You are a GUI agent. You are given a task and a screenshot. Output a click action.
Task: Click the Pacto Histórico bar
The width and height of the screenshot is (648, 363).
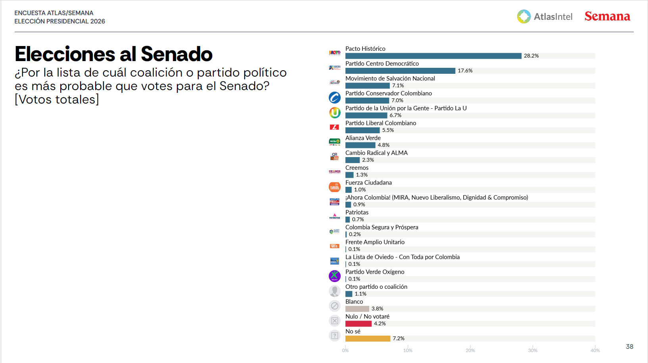pos(433,56)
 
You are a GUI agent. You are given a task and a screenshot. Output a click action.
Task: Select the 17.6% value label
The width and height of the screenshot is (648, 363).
pos(465,71)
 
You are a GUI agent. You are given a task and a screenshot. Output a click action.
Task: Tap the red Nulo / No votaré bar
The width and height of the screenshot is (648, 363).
pos(359,324)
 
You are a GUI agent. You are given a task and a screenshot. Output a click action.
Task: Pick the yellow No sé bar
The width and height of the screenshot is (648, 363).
pos(368,338)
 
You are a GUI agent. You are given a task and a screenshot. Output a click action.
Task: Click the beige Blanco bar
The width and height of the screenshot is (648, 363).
pos(357,309)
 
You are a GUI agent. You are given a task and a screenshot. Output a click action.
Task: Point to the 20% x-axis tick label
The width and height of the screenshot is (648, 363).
pos(470,350)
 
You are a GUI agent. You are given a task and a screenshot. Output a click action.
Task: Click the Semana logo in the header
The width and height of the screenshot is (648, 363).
pos(607,16)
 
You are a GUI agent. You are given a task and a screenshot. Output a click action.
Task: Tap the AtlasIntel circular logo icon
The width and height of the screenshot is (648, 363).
pos(523,16)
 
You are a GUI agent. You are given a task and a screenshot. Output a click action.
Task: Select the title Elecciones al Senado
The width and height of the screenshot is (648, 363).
pos(113,54)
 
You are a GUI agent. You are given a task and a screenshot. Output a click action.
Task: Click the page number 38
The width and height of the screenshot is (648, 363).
pos(629,347)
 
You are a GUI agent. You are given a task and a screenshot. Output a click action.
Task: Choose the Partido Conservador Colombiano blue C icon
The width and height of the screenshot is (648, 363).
pos(335,97)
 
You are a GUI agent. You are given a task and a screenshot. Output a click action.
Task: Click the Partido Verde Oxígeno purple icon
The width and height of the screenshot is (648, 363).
pos(335,276)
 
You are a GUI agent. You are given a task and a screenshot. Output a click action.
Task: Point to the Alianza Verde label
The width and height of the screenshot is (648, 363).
pos(363,138)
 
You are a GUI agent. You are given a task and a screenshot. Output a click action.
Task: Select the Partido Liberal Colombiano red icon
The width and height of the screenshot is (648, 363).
pos(335,127)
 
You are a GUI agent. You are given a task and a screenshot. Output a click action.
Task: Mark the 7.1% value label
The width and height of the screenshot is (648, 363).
pos(398,86)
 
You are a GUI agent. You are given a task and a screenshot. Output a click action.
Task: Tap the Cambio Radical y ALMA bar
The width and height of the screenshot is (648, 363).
pos(353,160)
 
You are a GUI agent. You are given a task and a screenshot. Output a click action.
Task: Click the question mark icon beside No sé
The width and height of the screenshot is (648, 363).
pos(335,336)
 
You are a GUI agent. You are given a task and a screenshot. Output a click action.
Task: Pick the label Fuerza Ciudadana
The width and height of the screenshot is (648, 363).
pos(368,182)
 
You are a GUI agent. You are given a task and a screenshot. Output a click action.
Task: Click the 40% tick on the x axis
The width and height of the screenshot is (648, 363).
pos(595,350)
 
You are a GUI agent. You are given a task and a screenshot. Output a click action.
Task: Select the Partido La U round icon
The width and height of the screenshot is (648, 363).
pos(335,113)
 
